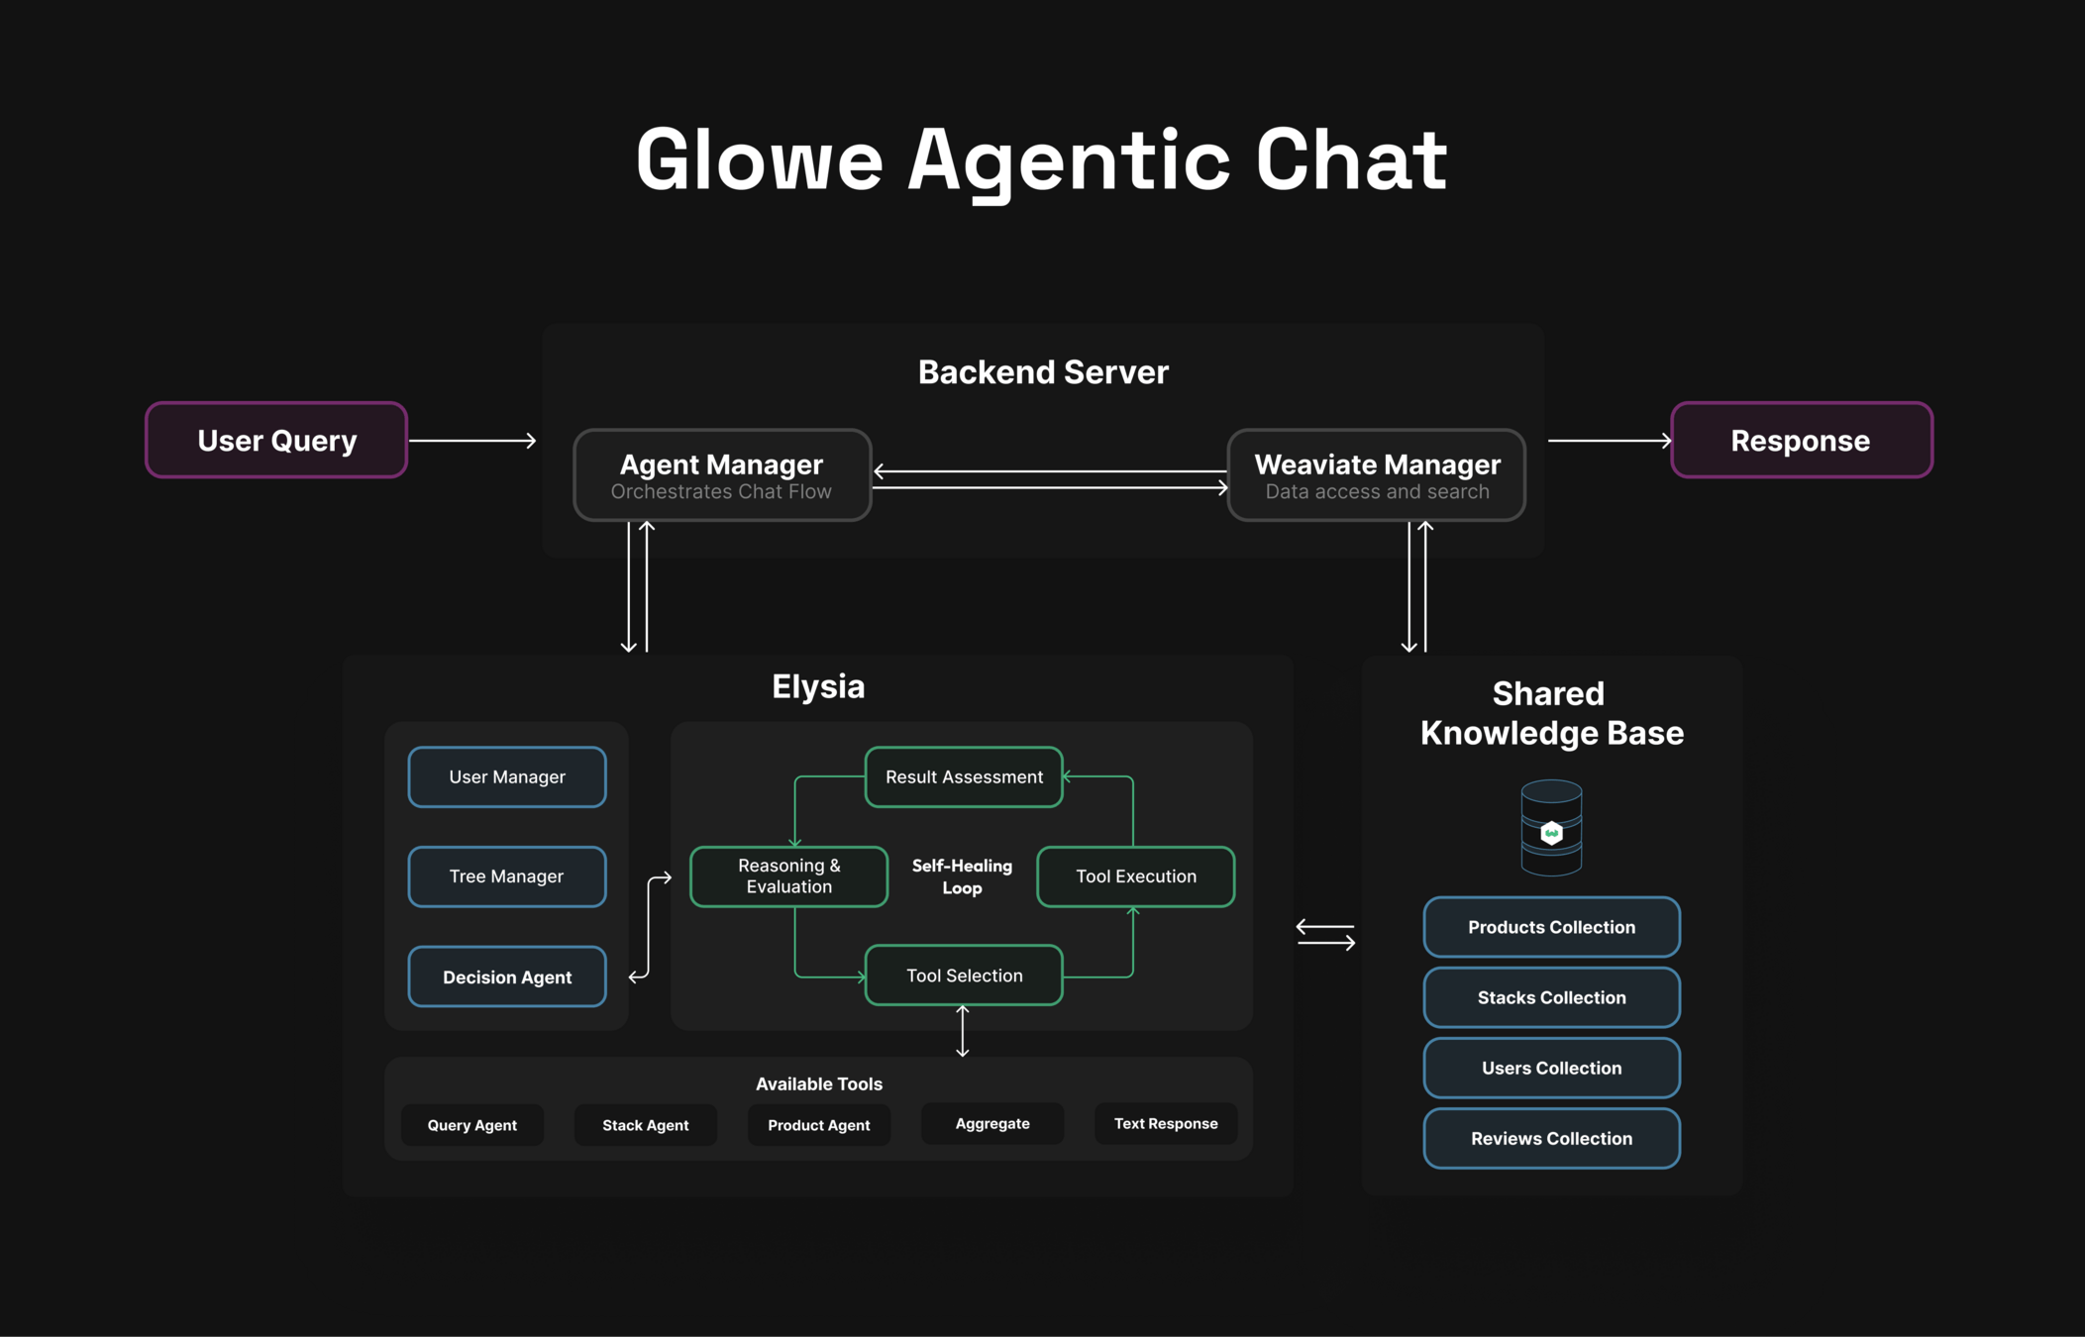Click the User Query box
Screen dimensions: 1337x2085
276,440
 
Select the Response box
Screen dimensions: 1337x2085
1801,440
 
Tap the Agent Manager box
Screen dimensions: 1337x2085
722,474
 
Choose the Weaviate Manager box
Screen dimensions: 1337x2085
1376,474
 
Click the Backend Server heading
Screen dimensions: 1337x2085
1043,372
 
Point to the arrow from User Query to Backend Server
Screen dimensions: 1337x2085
472,440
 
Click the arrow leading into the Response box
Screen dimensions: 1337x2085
1610,440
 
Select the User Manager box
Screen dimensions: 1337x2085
507,777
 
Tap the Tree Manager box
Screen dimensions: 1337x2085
507,876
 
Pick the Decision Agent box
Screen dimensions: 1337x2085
507,977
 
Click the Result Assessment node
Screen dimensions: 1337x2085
964,777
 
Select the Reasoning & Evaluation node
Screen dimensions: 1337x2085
788,876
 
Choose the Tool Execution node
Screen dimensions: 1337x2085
1135,876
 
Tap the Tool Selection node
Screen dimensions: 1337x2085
964,976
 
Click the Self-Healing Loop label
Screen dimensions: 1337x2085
962,876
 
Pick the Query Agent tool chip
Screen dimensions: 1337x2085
472,1125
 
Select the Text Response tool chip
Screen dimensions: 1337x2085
1166,1124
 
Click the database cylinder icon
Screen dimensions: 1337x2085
1551,828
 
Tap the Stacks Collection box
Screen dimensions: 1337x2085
1551,997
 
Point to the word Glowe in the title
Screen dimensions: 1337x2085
759,160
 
